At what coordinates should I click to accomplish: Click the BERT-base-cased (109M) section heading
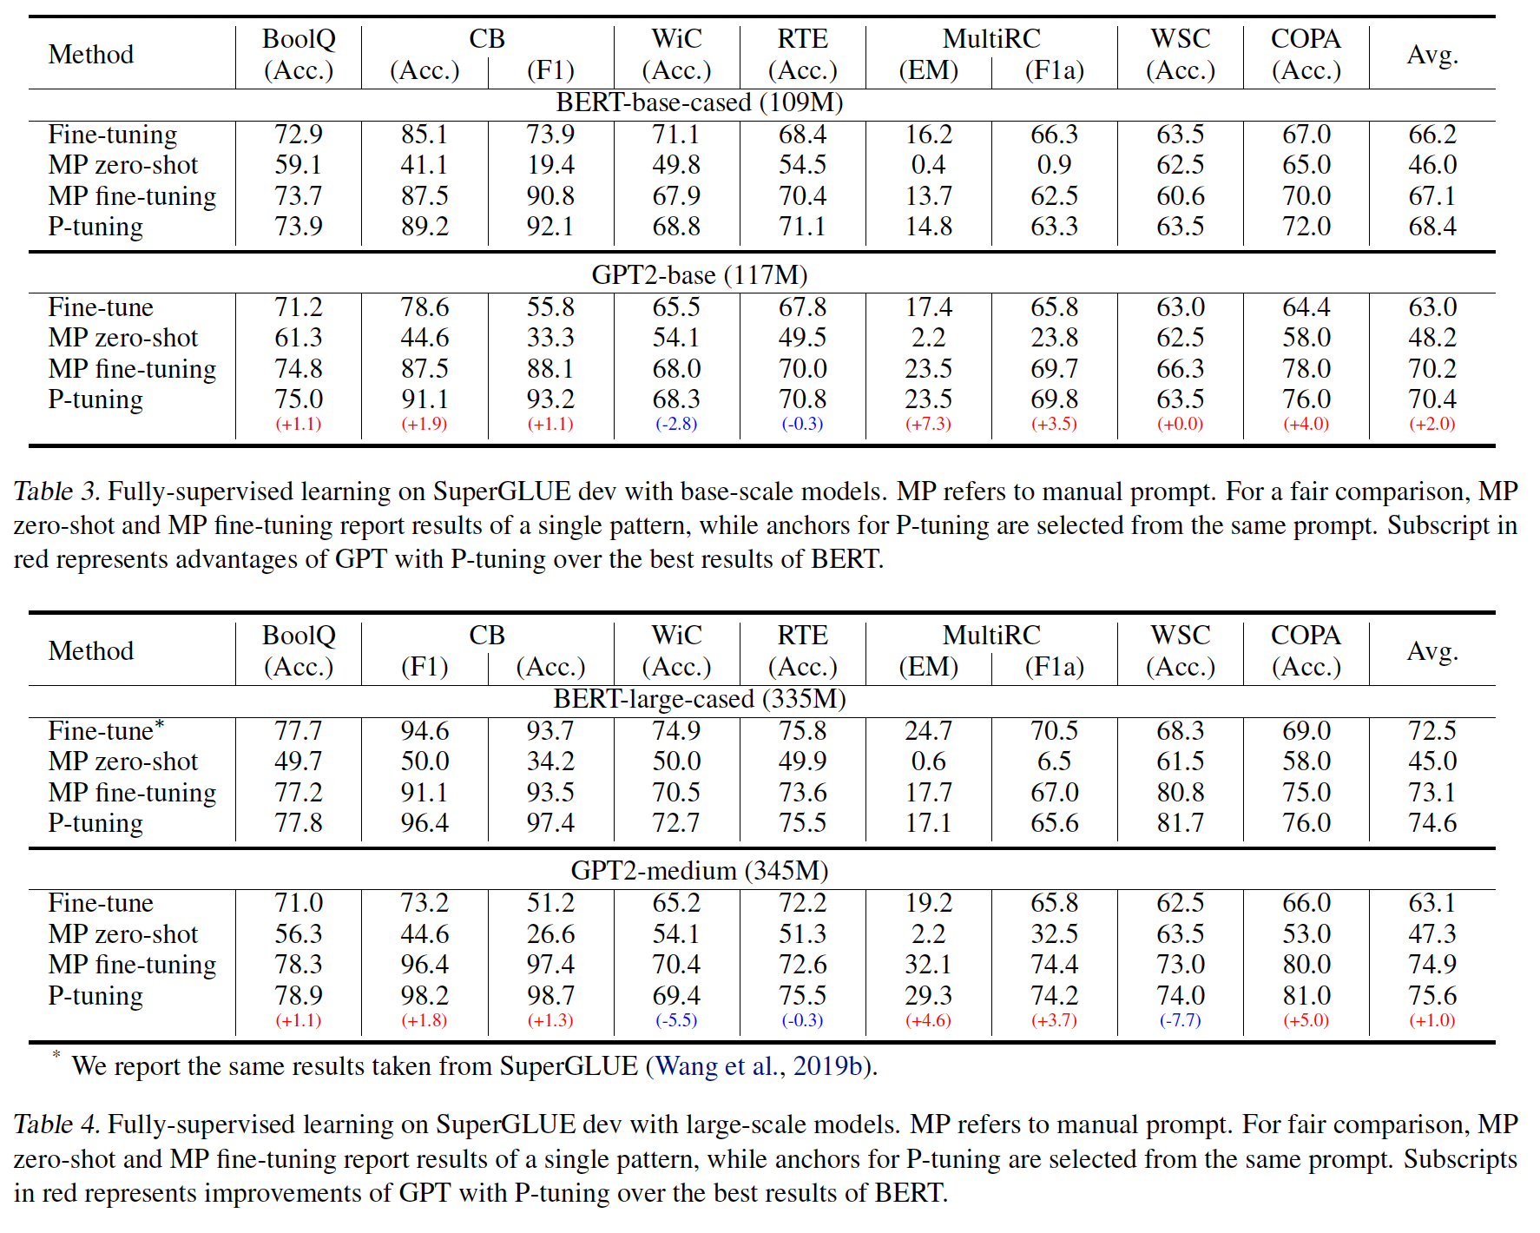coord(699,102)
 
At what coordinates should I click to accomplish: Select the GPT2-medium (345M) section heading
coord(699,870)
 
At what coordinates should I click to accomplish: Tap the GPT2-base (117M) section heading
coord(699,275)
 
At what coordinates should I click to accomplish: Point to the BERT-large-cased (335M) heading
coord(699,699)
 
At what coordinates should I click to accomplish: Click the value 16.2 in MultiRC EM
coord(928,135)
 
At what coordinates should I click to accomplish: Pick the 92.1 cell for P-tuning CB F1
coord(550,227)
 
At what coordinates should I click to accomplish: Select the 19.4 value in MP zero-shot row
coord(550,165)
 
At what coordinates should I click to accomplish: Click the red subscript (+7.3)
coord(928,424)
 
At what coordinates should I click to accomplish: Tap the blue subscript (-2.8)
coord(676,424)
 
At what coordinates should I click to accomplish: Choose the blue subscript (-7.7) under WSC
coord(1180,1020)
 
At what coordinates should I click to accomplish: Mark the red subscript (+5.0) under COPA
coord(1306,1020)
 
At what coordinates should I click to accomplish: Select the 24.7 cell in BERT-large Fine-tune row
coord(928,731)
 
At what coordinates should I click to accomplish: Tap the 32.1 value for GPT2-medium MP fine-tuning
coord(928,965)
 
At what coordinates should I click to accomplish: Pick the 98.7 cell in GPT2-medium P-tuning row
coord(550,996)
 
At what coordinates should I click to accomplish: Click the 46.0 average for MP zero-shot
coord(1431,165)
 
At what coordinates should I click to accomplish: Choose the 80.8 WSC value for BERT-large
coord(1180,793)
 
